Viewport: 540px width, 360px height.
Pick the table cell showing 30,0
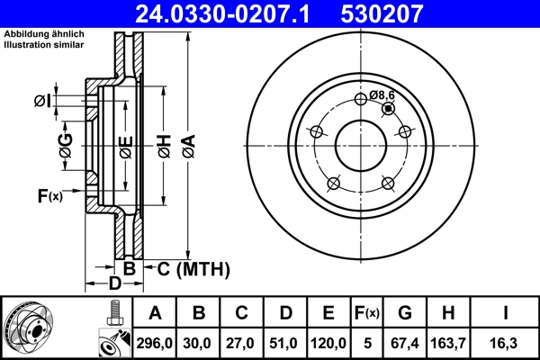click(199, 343)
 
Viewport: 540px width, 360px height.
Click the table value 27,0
click(242, 343)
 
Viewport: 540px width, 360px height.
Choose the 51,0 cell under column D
click(285, 343)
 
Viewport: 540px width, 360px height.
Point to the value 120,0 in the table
click(328, 343)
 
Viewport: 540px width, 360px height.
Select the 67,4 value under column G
click(406, 343)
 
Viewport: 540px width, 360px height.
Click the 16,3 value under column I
click(505, 343)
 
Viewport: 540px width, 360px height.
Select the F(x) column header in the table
click(367, 313)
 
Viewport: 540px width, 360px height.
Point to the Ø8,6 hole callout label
click(382, 94)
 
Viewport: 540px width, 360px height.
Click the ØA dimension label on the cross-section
click(187, 145)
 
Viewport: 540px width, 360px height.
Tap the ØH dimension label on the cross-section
click(164, 145)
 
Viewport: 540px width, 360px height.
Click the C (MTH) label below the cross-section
click(193, 269)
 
